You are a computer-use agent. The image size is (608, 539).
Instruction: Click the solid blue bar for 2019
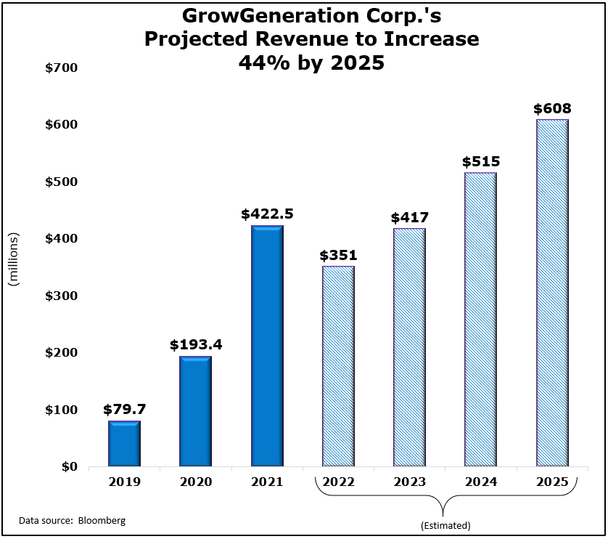(x=124, y=444)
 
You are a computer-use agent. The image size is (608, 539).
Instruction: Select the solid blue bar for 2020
(x=195, y=411)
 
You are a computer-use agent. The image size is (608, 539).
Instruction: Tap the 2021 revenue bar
(x=267, y=346)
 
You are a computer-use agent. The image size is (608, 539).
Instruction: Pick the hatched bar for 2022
(x=338, y=366)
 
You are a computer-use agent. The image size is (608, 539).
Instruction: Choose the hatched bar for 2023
(x=409, y=347)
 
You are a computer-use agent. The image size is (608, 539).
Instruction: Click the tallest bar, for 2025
(x=552, y=293)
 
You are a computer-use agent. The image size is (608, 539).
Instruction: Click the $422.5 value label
(x=267, y=215)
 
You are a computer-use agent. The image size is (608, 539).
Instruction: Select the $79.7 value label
(x=124, y=410)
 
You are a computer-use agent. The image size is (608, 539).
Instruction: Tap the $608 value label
(x=552, y=109)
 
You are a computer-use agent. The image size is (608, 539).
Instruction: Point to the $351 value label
(x=338, y=256)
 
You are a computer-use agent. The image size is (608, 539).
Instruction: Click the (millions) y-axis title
(x=13, y=260)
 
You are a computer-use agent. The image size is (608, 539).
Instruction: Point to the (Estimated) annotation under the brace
(x=445, y=525)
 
